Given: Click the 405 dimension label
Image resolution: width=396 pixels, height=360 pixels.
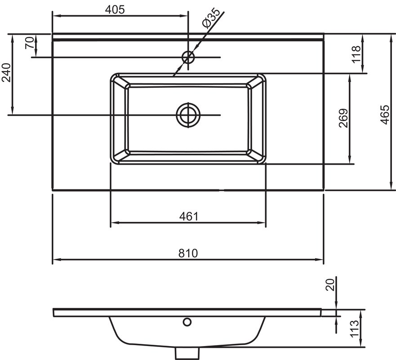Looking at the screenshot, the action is point(115,10).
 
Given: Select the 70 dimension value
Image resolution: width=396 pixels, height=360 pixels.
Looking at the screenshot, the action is point(30,42).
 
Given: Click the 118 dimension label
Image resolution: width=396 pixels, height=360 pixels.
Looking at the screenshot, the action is point(356,54).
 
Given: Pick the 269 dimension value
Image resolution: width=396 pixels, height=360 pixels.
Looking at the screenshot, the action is point(343,118).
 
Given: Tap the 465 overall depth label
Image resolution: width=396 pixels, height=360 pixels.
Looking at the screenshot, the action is point(385,115).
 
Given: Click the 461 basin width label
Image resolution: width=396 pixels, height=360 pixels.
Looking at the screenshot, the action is point(189,216).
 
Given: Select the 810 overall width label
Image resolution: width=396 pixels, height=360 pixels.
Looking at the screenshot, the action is point(188,253).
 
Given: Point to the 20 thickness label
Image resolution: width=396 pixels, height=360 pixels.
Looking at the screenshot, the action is point(330,285).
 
